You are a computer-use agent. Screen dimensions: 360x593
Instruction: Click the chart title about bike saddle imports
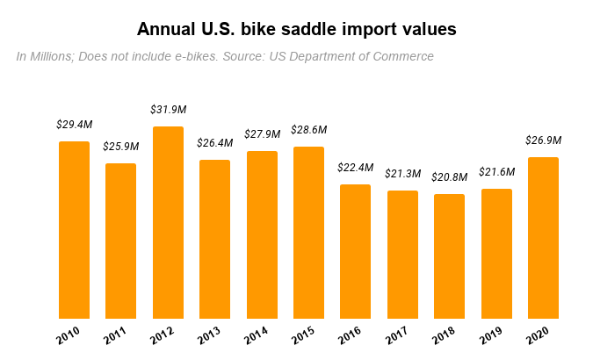[297, 29]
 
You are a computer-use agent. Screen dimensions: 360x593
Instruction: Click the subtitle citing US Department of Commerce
[225, 56]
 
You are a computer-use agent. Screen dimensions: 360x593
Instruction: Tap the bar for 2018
[449, 256]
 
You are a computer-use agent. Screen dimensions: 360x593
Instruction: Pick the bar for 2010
[74, 230]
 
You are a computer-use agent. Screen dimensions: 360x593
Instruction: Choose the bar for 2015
[308, 233]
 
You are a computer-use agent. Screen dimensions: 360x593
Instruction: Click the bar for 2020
[543, 238]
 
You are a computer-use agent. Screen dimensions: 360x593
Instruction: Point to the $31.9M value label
[169, 110]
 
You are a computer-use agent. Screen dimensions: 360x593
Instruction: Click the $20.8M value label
[449, 177]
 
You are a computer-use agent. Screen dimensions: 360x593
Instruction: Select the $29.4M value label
[74, 125]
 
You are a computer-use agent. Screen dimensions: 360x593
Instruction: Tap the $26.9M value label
[543, 140]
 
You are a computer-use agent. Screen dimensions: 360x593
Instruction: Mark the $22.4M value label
[356, 168]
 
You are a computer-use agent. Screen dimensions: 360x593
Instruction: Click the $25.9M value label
[121, 147]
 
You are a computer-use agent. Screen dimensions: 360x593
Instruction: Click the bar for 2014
[262, 234]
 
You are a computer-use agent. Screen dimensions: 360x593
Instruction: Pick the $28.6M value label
[308, 130]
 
